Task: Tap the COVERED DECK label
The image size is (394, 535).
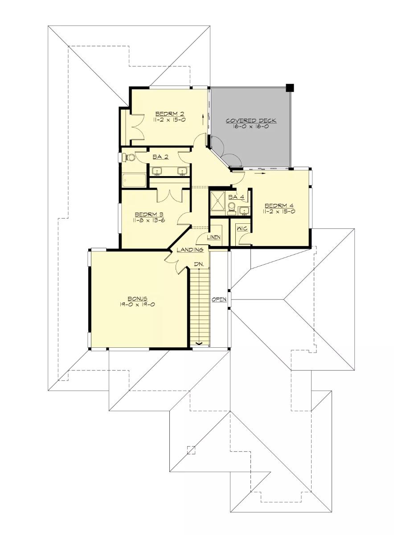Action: pyautogui.click(x=251, y=120)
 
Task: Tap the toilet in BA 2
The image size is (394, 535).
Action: pyautogui.click(x=130, y=157)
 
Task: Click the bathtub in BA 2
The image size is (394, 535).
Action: pyautogui.click(x=134, y=180)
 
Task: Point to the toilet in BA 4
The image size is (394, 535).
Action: pyautogui.click(x=231, y=207)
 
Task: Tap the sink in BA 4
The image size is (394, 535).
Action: pyautogui.click(x=243, y=210)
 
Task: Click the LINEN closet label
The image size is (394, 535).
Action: pyautogui.click(x=213, y=237)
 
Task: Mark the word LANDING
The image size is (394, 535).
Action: pyautogui.click(x=190, y=250)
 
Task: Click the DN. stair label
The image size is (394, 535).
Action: pyautogui.click(x=199, y=264)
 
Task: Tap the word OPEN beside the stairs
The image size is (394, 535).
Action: pyautogui.click(x=219, y=299)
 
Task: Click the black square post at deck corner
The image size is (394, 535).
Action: pyautogui.click(x=290, y=87)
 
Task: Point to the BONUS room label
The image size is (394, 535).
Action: pyautogui.click(x=137, y=298)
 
